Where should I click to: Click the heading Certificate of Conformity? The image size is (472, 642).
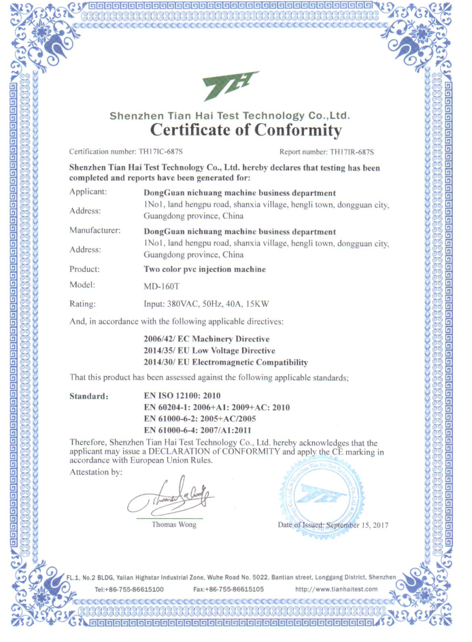[245, 129]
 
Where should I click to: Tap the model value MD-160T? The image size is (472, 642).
[161, 286]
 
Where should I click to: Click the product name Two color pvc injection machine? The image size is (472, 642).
[205, 269]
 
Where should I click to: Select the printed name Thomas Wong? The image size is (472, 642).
[174, 524]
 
